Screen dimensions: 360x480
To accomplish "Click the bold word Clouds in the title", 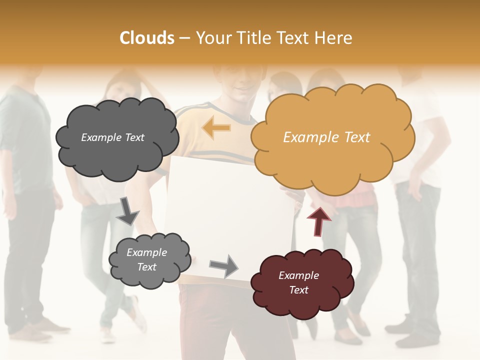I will pos(147,38).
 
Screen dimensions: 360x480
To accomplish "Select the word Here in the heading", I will pos(334,38).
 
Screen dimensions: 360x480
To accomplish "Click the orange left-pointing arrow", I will pos(217,128).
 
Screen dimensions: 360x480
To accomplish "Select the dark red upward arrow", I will pos(319,221).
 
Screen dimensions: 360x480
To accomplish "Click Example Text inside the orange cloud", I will pos(326,137).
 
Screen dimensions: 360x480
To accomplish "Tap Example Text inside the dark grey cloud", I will pos(112,137).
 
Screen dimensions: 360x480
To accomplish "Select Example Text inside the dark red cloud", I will pos(298,282).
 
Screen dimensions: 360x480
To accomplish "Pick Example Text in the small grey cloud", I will pos(146,259).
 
